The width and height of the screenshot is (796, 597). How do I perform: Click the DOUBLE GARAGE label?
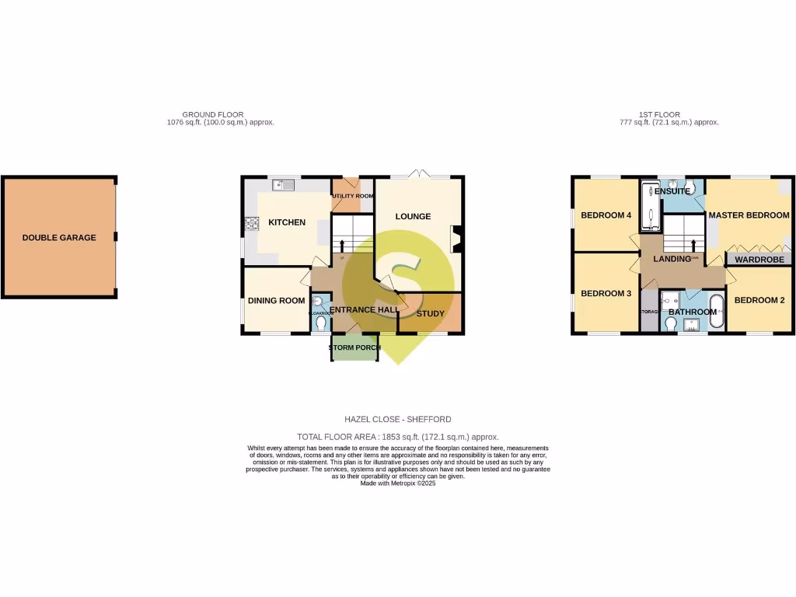pos(59,238)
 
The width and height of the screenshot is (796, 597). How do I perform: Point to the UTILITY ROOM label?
pos(353,196)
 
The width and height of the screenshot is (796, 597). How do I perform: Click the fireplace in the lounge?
pos(456,239)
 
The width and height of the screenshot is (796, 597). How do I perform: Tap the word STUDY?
pos(431,314)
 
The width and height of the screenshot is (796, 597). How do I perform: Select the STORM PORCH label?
pos(354,347)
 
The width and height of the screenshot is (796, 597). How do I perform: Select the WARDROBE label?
pos(759,260)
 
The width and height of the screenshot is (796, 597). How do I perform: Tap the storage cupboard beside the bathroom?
pos(649,311)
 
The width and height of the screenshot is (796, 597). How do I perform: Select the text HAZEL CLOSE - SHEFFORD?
pos(398,420)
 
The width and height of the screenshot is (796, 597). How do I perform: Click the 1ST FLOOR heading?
pos(659,115)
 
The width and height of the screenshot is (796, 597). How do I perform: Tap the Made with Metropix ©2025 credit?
pos(398,483)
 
